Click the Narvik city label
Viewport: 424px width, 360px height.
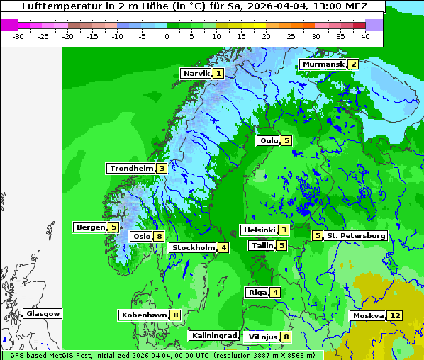pos(196,73)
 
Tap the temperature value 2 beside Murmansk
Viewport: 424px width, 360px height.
pos(352,64)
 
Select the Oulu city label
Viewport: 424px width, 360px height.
pos(269,140)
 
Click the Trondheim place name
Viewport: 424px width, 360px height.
pos(132,168)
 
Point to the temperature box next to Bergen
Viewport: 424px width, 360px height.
pos(113,227)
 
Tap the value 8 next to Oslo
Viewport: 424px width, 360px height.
pos(160,236)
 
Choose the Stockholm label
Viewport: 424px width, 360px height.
pos(193,247)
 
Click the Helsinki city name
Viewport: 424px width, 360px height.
pos(259,230)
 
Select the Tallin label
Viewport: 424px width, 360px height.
pos(262,245)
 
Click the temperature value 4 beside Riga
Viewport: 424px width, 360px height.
pos(275,292)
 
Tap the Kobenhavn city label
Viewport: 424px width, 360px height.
pos(144,314)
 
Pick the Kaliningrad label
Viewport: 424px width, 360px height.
pos(213,335)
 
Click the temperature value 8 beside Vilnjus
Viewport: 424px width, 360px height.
pos(286,337)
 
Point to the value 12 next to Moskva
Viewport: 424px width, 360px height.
pos(395,315)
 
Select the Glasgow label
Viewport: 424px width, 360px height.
pos(43,313)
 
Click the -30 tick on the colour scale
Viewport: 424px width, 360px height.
pos(18,35)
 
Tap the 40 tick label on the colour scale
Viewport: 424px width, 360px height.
pos(364,35)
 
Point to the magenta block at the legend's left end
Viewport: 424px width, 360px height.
pos(9,25)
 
